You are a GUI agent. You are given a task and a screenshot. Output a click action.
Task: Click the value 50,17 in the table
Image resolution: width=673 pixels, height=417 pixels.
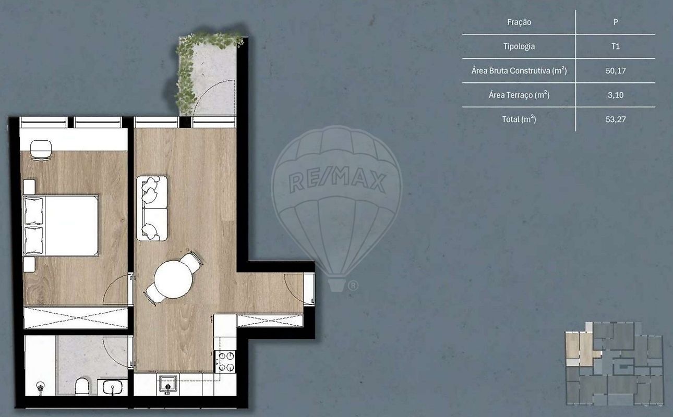(x=615, y=71)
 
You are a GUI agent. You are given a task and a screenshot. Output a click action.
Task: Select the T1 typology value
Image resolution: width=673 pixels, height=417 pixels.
(x=615, y=46)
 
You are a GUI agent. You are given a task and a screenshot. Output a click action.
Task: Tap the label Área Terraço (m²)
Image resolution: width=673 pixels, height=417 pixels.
(x=519, y=95)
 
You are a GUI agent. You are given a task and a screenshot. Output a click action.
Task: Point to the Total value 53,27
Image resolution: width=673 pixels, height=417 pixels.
(x=615, y=119)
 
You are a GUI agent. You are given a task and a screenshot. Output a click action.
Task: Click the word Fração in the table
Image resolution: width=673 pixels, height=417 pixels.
(x=519, y=22)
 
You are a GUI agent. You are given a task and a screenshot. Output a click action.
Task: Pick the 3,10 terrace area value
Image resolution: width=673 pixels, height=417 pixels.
(x=615, y=95)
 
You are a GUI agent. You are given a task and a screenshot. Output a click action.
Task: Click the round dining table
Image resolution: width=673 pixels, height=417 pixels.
(x=173, y=279)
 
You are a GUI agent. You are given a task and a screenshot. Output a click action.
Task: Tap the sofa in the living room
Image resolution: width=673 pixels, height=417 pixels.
(x=152, y=208)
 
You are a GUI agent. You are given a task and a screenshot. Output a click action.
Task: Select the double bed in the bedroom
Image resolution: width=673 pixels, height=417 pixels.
(x=61, y=226)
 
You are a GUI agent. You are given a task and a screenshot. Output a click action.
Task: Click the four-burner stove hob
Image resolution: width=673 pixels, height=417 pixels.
(x=225, y=361)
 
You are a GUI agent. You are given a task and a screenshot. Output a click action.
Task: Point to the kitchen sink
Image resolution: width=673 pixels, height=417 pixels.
(x=167, y=384)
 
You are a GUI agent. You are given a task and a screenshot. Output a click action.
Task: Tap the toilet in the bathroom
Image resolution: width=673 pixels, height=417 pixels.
(x=82, y=387)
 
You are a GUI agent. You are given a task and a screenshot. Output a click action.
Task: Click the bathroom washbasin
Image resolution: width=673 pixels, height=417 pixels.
(x=112, y=387)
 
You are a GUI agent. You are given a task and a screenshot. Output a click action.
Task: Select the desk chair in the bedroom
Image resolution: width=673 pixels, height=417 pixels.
(x=41, y=150)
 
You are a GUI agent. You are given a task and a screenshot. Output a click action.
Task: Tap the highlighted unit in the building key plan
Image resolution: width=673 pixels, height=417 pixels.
(x=581, y=349)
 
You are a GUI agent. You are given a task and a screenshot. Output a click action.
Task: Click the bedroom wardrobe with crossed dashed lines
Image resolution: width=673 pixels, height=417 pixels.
(x=76, y=317)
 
